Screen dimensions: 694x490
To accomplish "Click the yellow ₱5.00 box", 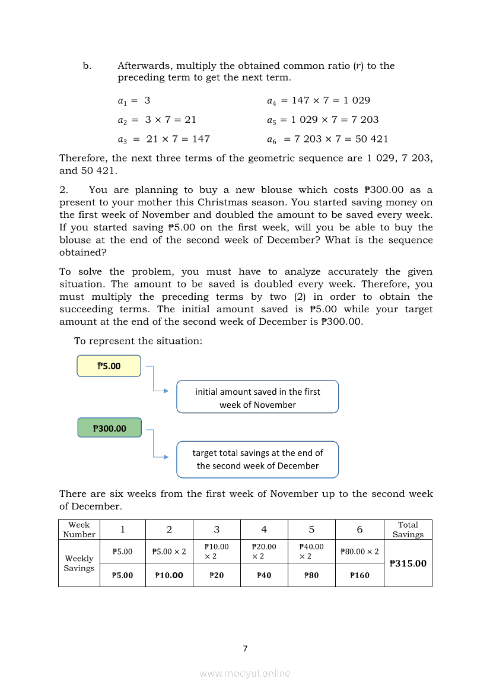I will click(109, 366).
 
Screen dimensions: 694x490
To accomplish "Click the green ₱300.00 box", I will click(109, 428).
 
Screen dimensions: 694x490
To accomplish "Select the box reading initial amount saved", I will click(257, 397).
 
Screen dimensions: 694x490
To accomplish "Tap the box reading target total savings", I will click(257, 460).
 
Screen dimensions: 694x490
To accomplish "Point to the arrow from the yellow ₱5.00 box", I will click(157, 383).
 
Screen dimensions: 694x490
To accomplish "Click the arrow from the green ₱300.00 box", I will click(157, 446).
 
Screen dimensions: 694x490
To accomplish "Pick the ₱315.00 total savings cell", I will click(408, 563).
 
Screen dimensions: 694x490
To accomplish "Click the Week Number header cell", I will click(79, 530).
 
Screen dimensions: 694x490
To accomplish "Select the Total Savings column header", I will click(408, 530).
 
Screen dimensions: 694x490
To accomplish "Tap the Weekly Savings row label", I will click(79, 563).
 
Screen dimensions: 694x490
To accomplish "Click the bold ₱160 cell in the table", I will click(359, 575).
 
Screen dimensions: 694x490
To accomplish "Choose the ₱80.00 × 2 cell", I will click(359, 552).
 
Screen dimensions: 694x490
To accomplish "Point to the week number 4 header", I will click(264, 530).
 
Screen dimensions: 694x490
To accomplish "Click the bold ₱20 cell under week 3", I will click(217, 575).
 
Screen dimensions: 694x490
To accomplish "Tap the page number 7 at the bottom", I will click(245, 648).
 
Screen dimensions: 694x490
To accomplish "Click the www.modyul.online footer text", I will click(245, 673).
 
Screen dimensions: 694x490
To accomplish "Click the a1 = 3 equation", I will click(134, 100).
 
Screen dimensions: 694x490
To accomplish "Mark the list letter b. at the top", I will click(87, 66).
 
